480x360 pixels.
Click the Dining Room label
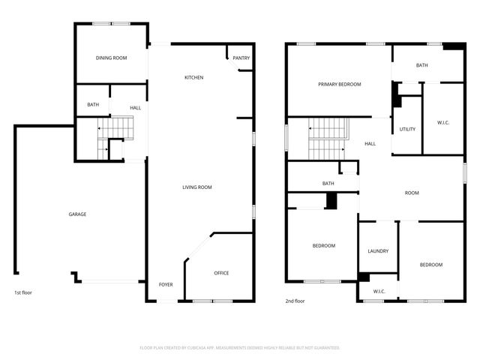(x=110, y=58)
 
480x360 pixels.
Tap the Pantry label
(x=241, y=58)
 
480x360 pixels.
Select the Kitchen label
(x=194, y=77)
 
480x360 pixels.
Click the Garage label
(x=77, y=214)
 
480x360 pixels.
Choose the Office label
(x=221, y=273)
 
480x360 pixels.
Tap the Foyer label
(x=166, y=285)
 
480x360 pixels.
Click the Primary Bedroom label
(x=339, y=84)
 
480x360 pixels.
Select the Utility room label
(x=407, y=129)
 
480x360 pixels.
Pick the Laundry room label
(x=378, y=250)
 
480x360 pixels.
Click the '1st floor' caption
(x=23, y=292)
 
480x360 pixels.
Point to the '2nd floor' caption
(x=295, y=301)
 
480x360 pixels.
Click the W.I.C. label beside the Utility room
(x=442, y=122)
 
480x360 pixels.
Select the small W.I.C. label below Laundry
(x=379, y=292)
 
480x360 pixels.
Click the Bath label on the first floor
(x=93, y=105)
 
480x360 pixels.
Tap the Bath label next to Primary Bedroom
(x=422, y=65)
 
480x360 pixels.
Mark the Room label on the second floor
(x=412, y=193)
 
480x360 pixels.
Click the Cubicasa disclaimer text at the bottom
(x=240, y=347)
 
